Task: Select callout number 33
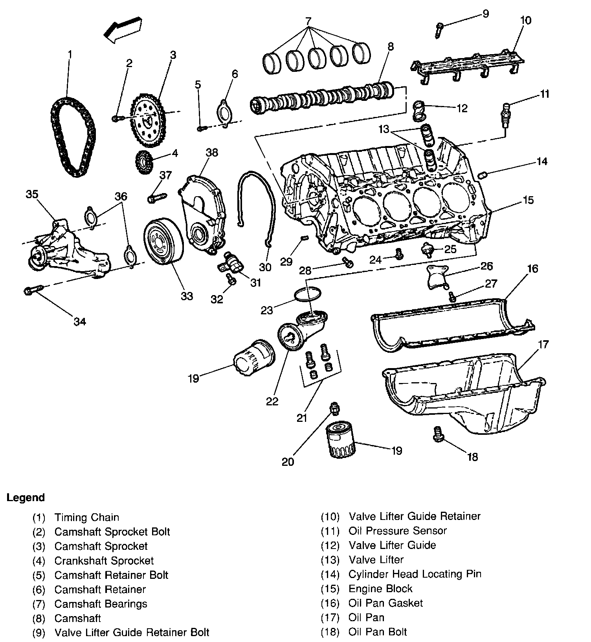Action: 187,296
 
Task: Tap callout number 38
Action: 211,152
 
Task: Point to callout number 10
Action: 526,20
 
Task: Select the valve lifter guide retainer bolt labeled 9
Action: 439,30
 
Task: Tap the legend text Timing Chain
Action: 86,517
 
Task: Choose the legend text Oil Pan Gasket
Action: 385,603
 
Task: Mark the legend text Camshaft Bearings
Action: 101,604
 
